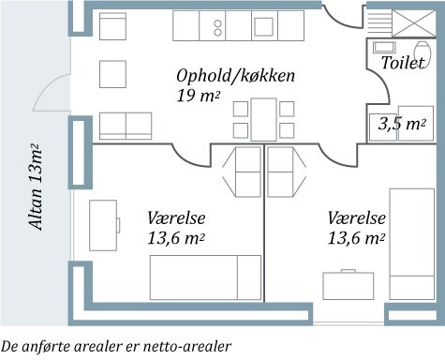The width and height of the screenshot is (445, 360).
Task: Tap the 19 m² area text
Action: [198, 95]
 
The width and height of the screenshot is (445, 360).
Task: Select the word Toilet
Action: [404, 63]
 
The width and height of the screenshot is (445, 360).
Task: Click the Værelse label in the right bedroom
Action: [357, 217]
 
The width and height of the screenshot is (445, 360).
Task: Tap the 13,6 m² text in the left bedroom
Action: [177, 238]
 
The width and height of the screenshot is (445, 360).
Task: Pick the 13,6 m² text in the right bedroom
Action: [357, 238]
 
